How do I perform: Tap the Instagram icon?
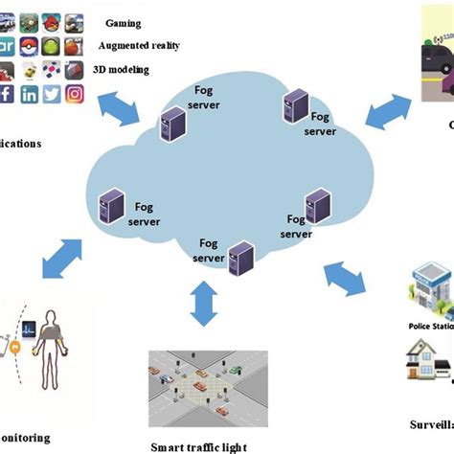pos(75,95)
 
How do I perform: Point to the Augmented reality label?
pos(139,46)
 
